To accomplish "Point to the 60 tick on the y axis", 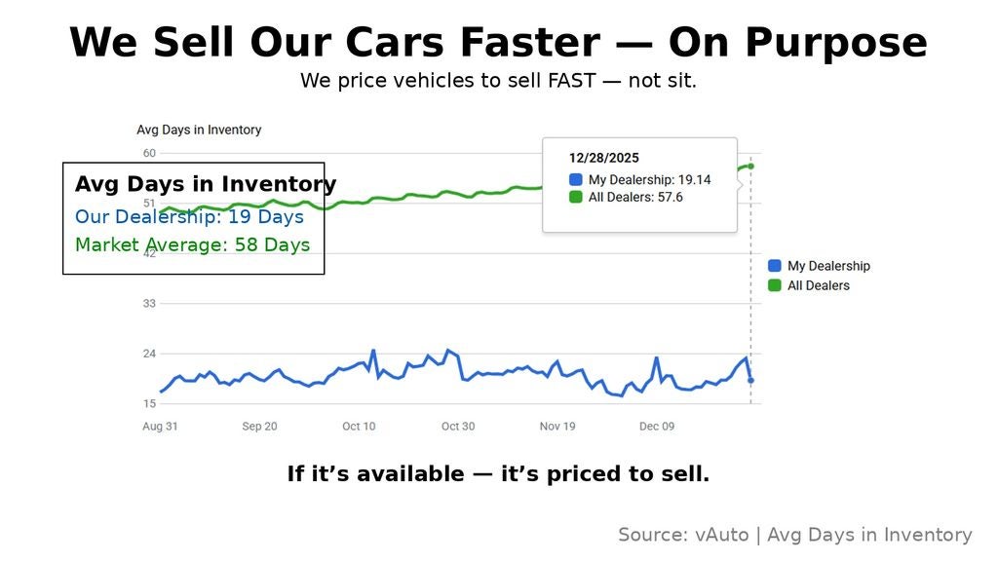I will coord(149,153).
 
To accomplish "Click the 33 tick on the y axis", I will coord(149,304).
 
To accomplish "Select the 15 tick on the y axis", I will coord(149,403).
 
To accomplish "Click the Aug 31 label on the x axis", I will coord(160,427).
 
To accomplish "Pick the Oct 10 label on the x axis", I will coord(359,427).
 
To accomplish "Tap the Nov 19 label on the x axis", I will coord(557,427).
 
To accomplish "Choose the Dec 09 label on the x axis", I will coord(657,427).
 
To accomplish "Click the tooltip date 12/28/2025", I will coord(604,158).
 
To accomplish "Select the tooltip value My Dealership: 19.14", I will coord(649,180).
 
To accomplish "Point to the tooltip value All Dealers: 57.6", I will coord(635,198).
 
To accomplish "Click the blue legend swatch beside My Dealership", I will coord(775,266).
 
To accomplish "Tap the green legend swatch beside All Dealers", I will coord(775,285).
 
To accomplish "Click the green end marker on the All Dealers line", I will coord(750,167).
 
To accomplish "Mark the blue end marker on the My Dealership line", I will coord(750,381).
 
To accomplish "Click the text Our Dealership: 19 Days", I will coord(189,216).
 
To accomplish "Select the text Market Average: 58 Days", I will coord(192,244).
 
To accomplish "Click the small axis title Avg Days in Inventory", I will coord(199,130).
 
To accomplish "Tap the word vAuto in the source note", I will coord(722,535).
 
